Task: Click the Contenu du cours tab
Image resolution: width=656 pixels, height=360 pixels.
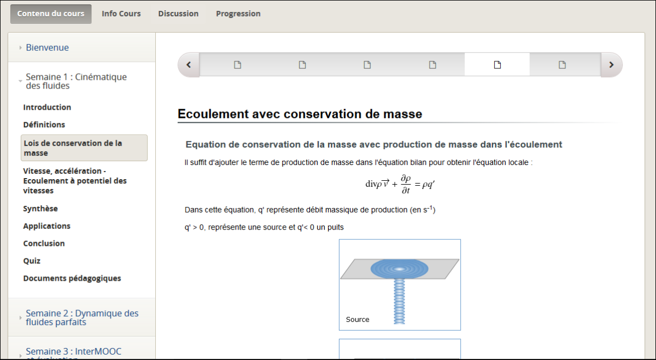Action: [51, 14]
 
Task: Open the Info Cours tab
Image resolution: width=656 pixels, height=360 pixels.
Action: [121, 14]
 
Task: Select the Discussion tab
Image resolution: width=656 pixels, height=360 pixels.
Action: [178, 14]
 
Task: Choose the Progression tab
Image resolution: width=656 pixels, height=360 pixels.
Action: [238, 14]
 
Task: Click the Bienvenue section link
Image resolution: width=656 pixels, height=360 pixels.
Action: [47, 48]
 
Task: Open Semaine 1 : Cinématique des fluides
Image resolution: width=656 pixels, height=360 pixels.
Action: [76, 81]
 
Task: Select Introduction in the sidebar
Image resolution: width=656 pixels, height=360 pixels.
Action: [47, 107]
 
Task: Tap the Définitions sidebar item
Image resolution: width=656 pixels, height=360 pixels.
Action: [44, 125]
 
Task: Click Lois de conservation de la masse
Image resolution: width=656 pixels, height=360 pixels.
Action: [73, 148]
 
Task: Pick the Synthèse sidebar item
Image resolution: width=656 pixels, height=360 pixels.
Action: [40, 209]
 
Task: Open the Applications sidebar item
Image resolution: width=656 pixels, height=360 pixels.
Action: [46, 226]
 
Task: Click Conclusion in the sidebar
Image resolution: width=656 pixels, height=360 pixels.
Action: [44, 244]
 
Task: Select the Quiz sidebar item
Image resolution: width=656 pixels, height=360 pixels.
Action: [32, 261]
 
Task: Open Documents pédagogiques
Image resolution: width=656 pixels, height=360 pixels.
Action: [72, 279]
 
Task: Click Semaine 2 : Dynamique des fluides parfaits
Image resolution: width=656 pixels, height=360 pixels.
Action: [82, 317]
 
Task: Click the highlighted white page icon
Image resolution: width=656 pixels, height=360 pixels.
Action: [497, 65]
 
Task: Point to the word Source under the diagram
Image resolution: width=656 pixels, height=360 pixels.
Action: [358, 320]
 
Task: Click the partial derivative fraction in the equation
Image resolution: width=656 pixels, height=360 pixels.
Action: [405, 184]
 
